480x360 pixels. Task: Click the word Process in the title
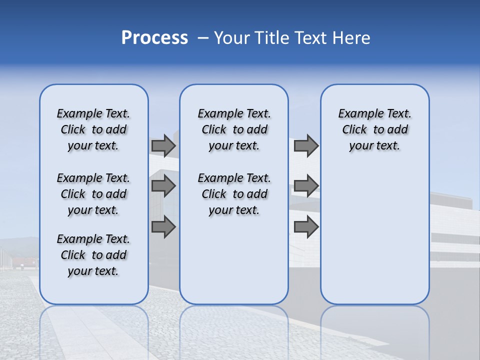tap(154, 38)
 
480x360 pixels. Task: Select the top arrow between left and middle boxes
tap(163, 145)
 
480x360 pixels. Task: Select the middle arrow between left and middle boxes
tap(163, 186)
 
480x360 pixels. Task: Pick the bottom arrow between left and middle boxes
tap(163, 226)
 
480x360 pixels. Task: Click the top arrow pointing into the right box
tap(306, 145)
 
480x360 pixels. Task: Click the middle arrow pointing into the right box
tap(306, 186)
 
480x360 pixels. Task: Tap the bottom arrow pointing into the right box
tap(306, 226)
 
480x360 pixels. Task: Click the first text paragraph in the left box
tap(93, 129)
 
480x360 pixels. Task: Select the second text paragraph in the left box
tap(93, 194)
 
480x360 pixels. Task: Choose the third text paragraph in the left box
tap(93, 255)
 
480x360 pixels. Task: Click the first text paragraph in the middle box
tap(234, 129)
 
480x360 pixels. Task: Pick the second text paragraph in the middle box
tap(234, 194)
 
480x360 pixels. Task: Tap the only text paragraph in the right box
tap(374, 129)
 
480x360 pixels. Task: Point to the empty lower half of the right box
tap(374, 235)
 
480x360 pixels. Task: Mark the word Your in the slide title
tap(231, 38)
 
